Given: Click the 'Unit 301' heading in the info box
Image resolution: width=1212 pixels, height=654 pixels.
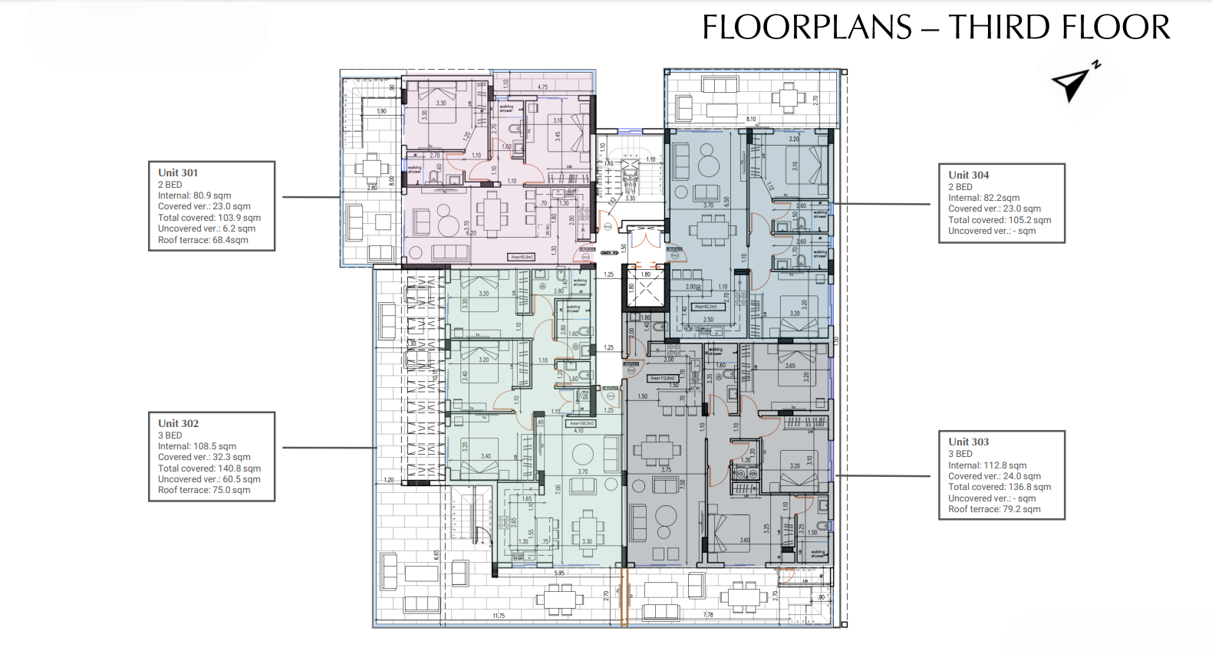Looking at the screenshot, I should click(x=178, y=173).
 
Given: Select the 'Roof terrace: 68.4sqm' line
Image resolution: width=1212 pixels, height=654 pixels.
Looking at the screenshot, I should click(x=203, y=240).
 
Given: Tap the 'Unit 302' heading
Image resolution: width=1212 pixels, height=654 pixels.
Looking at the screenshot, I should click(x=178, y=423).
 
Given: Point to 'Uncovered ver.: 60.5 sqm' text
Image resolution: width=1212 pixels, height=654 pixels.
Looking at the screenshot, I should click(x=209, y=479).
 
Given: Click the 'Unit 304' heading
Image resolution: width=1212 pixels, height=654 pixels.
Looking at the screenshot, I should click(x=968, y=176).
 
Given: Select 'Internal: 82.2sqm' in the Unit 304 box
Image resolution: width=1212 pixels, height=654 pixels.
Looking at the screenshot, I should click(x=983, y=198).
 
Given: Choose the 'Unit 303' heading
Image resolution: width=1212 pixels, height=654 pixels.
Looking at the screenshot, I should click(x=968, y=442).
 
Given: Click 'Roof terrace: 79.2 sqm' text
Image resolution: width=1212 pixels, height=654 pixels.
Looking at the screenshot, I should click(x=994, y=509).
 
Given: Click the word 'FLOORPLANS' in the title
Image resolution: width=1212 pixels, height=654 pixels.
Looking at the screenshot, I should click(x=806, y=28).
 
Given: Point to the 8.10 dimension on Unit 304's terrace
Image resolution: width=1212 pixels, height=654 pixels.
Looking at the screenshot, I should click(x=751, y=120).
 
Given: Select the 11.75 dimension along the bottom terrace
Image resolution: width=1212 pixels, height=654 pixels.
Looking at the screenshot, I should click(x=499, y=616).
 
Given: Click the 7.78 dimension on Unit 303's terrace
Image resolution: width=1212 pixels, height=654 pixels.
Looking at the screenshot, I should click(x=708, y=615).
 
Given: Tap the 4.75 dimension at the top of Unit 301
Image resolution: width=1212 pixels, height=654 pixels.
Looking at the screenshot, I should click(x=542, y=87).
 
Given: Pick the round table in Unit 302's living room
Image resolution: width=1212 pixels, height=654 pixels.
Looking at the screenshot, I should click(x=582, y=453).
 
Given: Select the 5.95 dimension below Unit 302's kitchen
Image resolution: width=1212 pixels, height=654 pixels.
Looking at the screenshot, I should click(x=559, y=573).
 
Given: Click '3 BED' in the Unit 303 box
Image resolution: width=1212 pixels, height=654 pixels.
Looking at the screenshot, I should click(x=960, y=454).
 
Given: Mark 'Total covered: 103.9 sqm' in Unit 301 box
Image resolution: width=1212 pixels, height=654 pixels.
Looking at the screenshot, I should click(x=209, y=218).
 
